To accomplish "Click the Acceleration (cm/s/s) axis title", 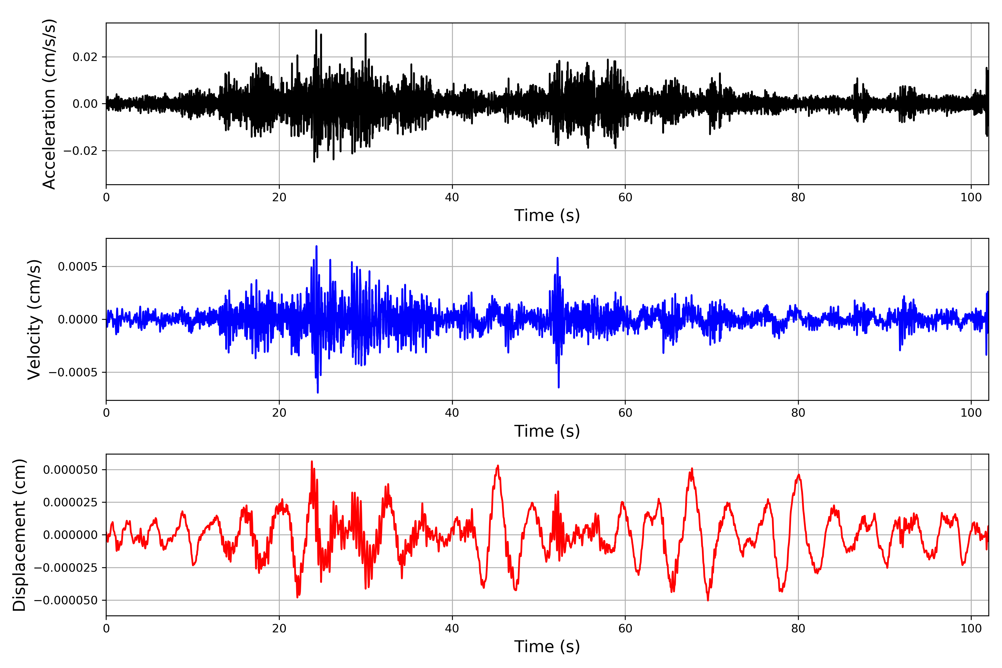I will pyautogui.click(x=49, y=104).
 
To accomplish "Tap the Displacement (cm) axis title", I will pyautogui.click(x=19, y=535).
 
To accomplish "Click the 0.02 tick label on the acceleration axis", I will pyautogui.click(x=85, y=57).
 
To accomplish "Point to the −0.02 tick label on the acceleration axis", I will pyautogui.click(x=80, y=151).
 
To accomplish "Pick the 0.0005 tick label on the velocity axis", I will pyautogui.click(x=78, y=267).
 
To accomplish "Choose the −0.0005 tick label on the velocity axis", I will pyautogui.click(x=73, y=372).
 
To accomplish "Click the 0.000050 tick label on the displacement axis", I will pyautogui.click(x=70, y=470).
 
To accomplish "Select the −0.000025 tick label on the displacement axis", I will pyautogui.click(x=66, y=568).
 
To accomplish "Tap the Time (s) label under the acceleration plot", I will pyautogui.click(x=547, y=215).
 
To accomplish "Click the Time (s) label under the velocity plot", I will pyautogui.click(x=547, y=431).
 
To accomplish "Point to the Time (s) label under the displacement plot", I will pyautogui.click(x=547, y=647).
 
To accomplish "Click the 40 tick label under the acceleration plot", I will pyautogui.click(x=452, y=198).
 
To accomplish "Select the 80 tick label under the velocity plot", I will pyautogui.click(x=798, y=413).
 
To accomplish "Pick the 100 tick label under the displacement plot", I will pyautogui.click(x=971, y=628).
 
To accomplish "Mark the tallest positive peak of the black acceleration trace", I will pyautogui.click(x=316, y=30).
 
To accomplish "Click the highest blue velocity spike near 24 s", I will pyautogui.click(x=316, y=246).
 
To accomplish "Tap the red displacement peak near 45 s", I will pyautogui.click(x=498, y=466).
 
